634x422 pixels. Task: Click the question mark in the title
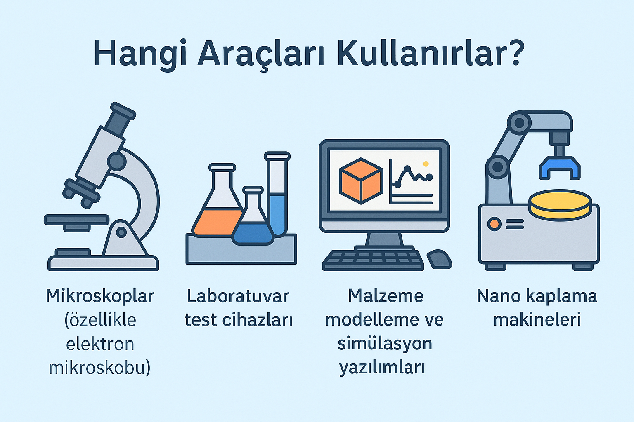point(514,53)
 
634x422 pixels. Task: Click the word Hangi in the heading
point(140,55)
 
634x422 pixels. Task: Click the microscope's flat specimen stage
point(76,220)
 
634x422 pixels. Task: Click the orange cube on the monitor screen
point(361,181)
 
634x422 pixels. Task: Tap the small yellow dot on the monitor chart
point(426,164)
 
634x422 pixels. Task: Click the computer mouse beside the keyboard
point(440,259)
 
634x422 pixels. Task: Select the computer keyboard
point(373,260)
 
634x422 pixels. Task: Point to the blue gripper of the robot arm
point(560,168)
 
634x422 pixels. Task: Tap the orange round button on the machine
point(494,224)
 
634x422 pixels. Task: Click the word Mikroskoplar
point(100,296)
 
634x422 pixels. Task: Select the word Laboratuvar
point(238,296)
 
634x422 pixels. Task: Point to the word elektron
point(100,344)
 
